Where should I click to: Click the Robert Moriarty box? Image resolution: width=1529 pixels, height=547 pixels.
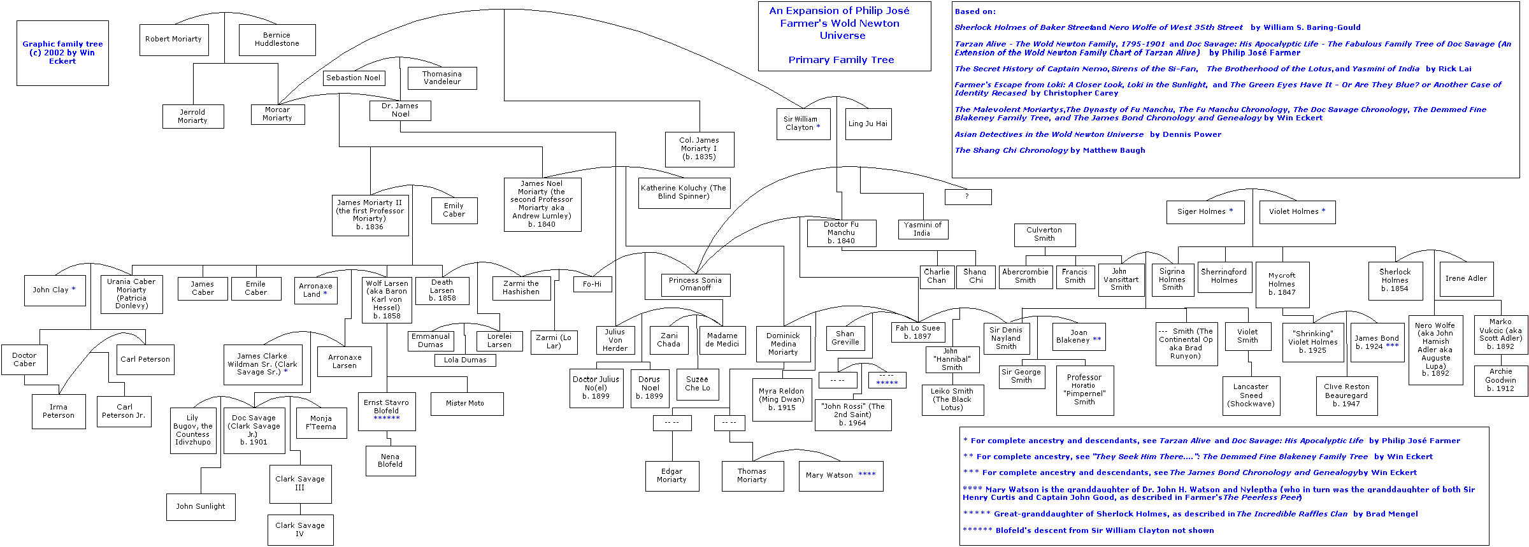point(173,39)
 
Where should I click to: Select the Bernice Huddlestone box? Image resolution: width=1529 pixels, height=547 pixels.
point(276,39)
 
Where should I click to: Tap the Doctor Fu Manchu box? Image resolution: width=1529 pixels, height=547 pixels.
point(841,233)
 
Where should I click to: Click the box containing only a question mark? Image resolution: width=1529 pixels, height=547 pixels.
point(967,197)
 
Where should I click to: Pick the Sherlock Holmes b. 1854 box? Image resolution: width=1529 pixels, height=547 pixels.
point(1395,280)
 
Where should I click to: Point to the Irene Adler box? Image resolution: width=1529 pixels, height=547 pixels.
point(1465,279)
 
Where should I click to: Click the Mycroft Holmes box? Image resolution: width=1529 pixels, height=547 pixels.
point(1281,284)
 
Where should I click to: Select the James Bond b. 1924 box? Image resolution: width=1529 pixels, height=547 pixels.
point(1376,343)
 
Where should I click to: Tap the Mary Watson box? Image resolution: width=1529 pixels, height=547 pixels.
point(840,476)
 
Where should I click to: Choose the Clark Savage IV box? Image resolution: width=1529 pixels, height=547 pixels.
point(300,530)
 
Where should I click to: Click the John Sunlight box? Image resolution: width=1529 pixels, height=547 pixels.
point(200,507)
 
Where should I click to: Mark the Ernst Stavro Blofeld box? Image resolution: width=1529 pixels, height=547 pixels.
point(386,411)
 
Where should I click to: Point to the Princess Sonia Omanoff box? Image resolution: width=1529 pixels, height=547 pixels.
point(695,284)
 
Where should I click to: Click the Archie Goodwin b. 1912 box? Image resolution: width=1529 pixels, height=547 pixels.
point(1500,380)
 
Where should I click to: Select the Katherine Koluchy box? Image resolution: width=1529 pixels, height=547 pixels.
point(684,192)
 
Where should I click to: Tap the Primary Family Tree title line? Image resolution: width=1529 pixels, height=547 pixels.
point(841,60)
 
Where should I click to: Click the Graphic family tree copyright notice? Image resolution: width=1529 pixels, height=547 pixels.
point(62,53)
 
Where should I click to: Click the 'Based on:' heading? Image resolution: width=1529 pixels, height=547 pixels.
point(975,11)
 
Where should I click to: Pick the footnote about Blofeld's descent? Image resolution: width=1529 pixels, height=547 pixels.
point(1088,530)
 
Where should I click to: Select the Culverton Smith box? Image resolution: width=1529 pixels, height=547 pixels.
point(1044,234)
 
